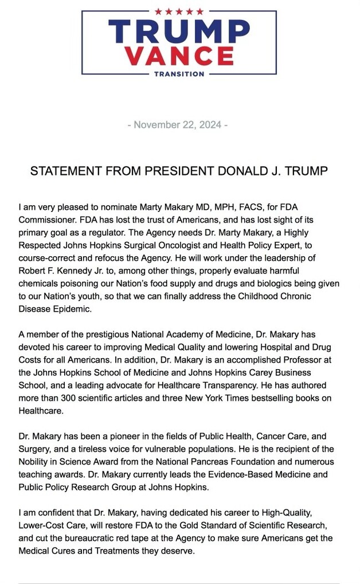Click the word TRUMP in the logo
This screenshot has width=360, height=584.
pos(179,31)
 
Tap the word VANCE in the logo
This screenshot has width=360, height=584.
pos(179,56)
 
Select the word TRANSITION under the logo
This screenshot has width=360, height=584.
pos(179,74)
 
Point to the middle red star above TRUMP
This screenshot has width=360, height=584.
pos(179,11)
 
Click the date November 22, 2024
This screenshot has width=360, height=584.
pos(179,124)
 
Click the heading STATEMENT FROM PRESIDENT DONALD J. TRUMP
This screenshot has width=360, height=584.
pos(179,171)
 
